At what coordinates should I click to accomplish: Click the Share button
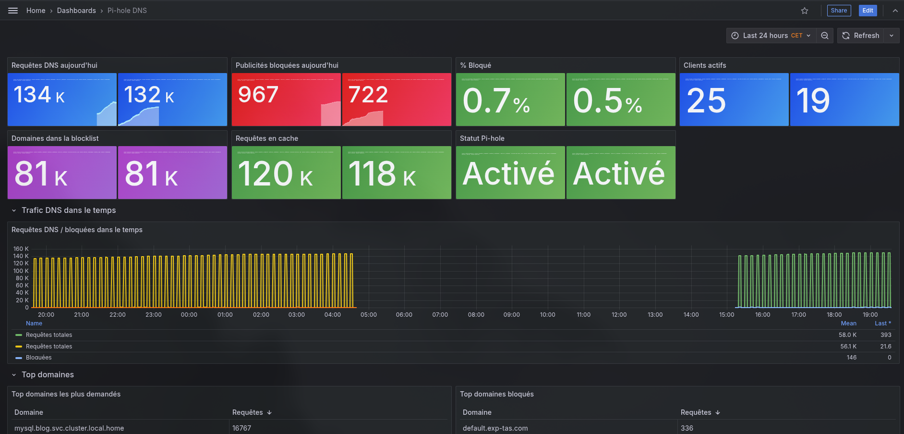click(x=839, y=11)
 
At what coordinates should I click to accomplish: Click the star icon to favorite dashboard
click(x=805, y=11)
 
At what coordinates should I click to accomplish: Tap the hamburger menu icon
click(x=13, y=11)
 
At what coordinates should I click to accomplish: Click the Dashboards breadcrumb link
click(x=76, y=11)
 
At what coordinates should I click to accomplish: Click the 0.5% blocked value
click(x=607, y=101)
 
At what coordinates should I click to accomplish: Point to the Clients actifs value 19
click(x=812, y=101)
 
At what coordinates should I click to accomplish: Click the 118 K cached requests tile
click(x=382, y=174)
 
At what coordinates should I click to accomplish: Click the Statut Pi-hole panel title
click(x=482, y=138)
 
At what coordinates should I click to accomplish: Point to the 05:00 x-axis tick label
click(x=368, y=315)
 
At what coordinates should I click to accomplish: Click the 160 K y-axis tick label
click(x=21, y=249)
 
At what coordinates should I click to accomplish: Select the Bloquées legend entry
click(x=38, y=358)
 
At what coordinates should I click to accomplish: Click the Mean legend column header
click(x=848, y=323)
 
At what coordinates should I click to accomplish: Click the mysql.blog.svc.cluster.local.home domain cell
click(x=69, y=428)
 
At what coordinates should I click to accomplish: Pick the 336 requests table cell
click(x=687, y=428)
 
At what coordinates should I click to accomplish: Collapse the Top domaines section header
click(x=48, y=375)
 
